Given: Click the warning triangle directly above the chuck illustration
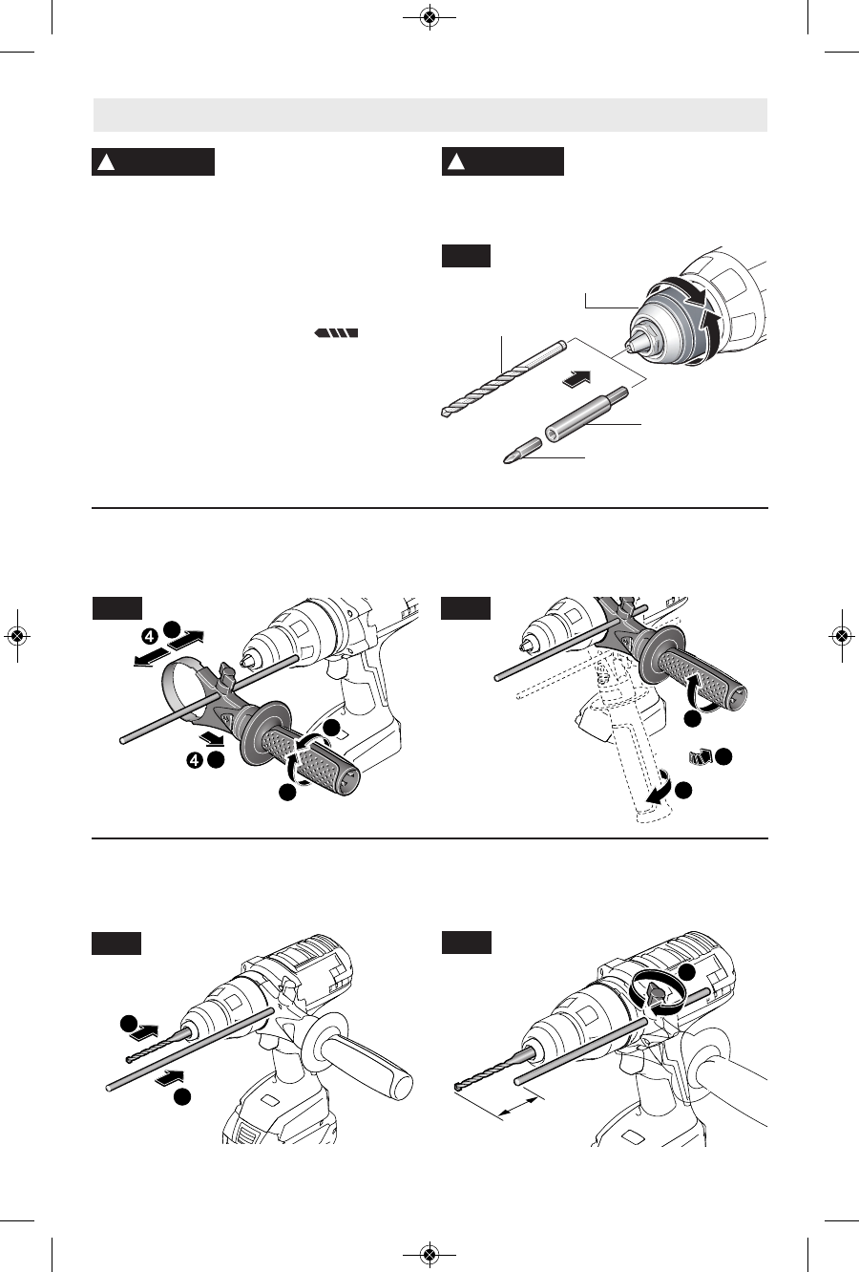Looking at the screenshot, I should pos(457,162).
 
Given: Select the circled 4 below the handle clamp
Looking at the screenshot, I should pos(195,761).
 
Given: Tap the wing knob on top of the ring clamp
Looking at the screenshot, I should pos(225,674).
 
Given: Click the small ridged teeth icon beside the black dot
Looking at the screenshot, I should pos(700,757).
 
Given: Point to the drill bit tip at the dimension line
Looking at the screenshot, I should pos(460,1088).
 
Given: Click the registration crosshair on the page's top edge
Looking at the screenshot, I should pos(429,17).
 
